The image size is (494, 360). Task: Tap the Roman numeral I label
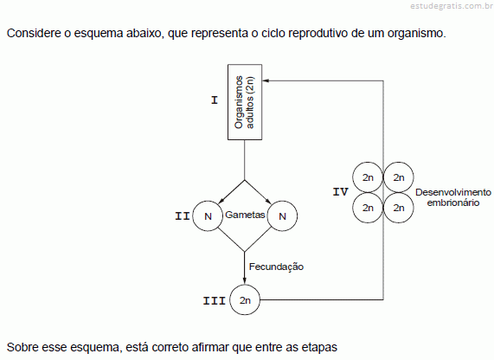point(215,100)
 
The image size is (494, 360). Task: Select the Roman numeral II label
point(183,216)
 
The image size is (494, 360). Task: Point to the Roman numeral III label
point(215,300)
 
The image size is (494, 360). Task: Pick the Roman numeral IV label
point(341,191)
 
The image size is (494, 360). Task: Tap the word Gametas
point(245,215)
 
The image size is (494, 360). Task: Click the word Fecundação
point(276,267)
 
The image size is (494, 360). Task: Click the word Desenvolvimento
point(453,192)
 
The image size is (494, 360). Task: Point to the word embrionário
point(453,202)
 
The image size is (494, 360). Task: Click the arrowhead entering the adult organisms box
point(266,80)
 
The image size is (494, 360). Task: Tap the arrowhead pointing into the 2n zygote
point(245,281)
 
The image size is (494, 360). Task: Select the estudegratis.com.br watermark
point(452,6)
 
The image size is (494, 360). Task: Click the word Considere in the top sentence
point(34,33)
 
